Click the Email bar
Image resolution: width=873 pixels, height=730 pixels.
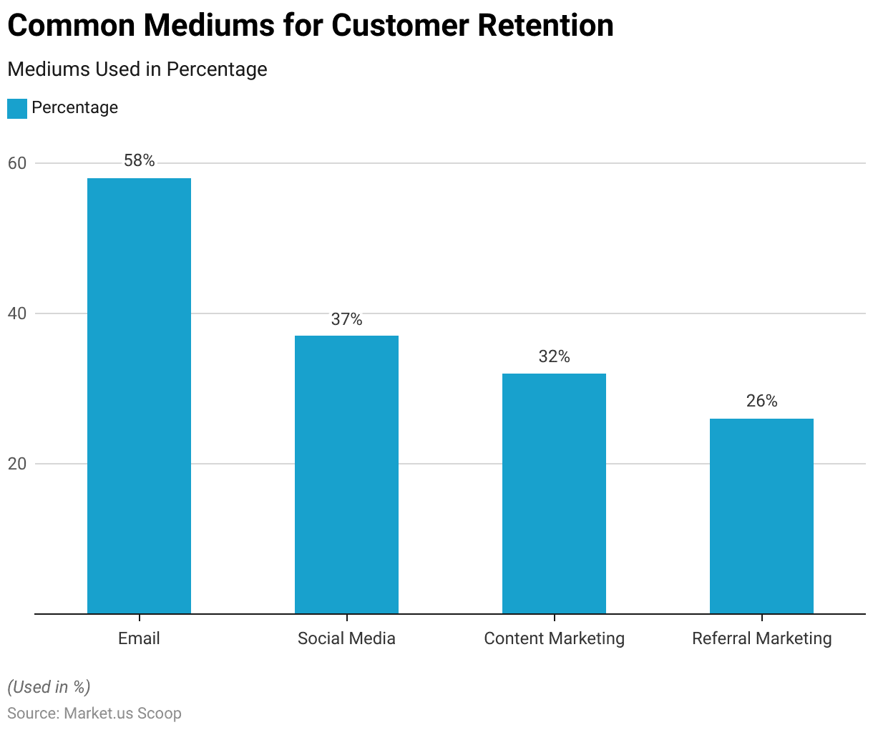click(x=139, y=396)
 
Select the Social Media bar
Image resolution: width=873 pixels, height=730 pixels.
click(x=346, y=474)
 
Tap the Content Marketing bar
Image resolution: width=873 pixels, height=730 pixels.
click(x=554, y=493)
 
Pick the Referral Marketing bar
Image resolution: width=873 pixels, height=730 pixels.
click(x=761, y=516)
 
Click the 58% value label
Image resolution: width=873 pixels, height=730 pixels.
click(x=139, y=160)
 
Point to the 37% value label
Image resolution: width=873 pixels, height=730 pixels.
click(x=346, y=319)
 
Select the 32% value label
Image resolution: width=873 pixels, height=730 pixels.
click(x=554, y=356)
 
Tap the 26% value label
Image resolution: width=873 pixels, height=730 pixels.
click(x=761, y=401)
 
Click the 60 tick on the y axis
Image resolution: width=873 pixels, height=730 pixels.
click(x=16, y=163)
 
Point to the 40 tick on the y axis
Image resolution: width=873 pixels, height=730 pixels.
click(x=16, y=313)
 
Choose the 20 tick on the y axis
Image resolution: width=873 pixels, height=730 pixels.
click(x=16, y=464)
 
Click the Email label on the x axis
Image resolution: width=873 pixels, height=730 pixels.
click(x=139, y=638)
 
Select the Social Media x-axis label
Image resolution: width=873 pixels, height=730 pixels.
click(x=346, y=638)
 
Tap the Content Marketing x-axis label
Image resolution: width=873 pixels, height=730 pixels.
click(x=554, y=638)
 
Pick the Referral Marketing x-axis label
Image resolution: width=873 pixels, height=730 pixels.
click(x=761, y=638)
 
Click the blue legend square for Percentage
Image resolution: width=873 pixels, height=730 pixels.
click(x=17, y=108)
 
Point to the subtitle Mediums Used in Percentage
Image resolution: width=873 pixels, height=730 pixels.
click(x=137, y=69)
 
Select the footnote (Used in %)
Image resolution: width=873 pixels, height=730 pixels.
click(x=49, y=687)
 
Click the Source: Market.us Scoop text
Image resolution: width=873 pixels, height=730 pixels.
click(x=94, y=714)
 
